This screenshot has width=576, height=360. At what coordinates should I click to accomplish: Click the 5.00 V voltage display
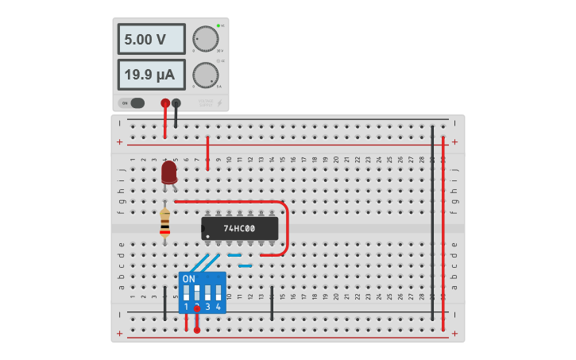click(x=151, y=39)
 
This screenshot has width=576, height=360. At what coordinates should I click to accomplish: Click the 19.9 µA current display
click(x=151, y=75)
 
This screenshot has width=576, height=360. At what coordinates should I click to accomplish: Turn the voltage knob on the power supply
click(x=205, y=39)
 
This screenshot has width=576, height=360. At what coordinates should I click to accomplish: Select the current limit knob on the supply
click(x=205, y=75)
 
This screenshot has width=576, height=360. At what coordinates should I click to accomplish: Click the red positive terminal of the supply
click(x=165, y=103)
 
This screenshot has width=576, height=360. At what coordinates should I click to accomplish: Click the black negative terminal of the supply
click(x=176, y=103)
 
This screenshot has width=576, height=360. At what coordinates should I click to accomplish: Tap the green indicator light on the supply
click(x=218, y=25)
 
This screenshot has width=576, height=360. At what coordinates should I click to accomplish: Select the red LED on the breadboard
click(x=168, y=172)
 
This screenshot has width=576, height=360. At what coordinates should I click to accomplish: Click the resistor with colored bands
click(x=164, y=223)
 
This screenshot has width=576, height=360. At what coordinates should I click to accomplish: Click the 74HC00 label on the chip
click(x=240, y=228)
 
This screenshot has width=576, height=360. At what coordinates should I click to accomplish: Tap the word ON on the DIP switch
click(x=188, y=279)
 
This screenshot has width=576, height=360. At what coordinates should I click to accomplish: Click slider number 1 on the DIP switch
click(x=187, y=292)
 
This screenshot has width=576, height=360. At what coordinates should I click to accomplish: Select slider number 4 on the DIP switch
click(x=218, y=292)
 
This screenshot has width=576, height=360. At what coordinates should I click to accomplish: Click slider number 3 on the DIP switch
click(x=208, y=292)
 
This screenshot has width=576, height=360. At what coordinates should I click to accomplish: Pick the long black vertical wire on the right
click(x=432, y=223)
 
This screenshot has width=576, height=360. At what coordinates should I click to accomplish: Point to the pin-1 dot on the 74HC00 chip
click(x=207, y=236)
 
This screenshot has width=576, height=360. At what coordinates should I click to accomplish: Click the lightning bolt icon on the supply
click(x=220, y=103)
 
